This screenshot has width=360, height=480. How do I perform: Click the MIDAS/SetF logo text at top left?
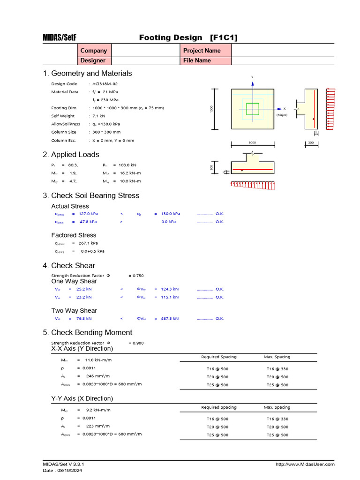[x=60, y=37]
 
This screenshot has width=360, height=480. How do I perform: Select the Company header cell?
[x=94, y=50]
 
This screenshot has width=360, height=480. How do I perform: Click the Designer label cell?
[x=93, y=60]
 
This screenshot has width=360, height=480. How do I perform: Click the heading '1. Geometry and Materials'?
[x=87, y=73]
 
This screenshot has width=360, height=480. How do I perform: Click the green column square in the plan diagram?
[x=253, y=109]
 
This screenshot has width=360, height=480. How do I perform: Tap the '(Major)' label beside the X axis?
[x=282, y=114]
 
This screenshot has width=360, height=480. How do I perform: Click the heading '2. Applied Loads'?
[x=71, y=154]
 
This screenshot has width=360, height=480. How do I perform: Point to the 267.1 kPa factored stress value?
[x=88, y=243]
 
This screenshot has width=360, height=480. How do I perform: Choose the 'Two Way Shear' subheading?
[x=74, y=310]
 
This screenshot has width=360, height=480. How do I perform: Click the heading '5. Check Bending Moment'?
[x=87, y=332]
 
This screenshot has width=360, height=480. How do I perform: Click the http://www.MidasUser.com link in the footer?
[x=305, y=464]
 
